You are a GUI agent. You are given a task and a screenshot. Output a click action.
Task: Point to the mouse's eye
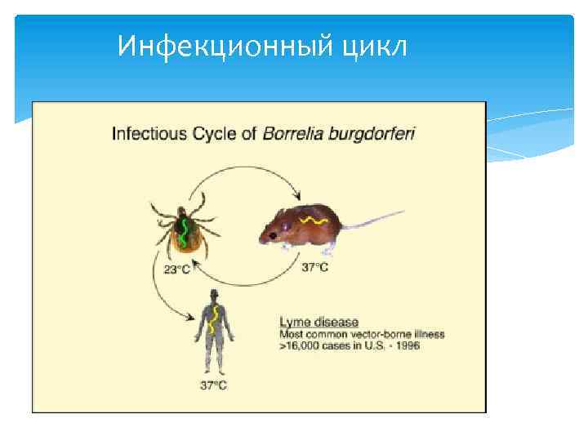283,224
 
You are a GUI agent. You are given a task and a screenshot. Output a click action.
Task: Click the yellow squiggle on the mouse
312,220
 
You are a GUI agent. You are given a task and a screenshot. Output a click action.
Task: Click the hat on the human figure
213,292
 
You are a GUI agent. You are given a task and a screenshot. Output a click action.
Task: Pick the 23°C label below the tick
176,270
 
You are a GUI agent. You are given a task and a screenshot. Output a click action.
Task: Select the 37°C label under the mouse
315,267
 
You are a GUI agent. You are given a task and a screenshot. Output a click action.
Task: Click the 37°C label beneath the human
213,385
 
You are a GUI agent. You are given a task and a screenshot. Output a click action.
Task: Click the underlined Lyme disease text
319,322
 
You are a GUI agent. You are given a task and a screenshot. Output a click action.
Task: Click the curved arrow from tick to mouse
237,173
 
